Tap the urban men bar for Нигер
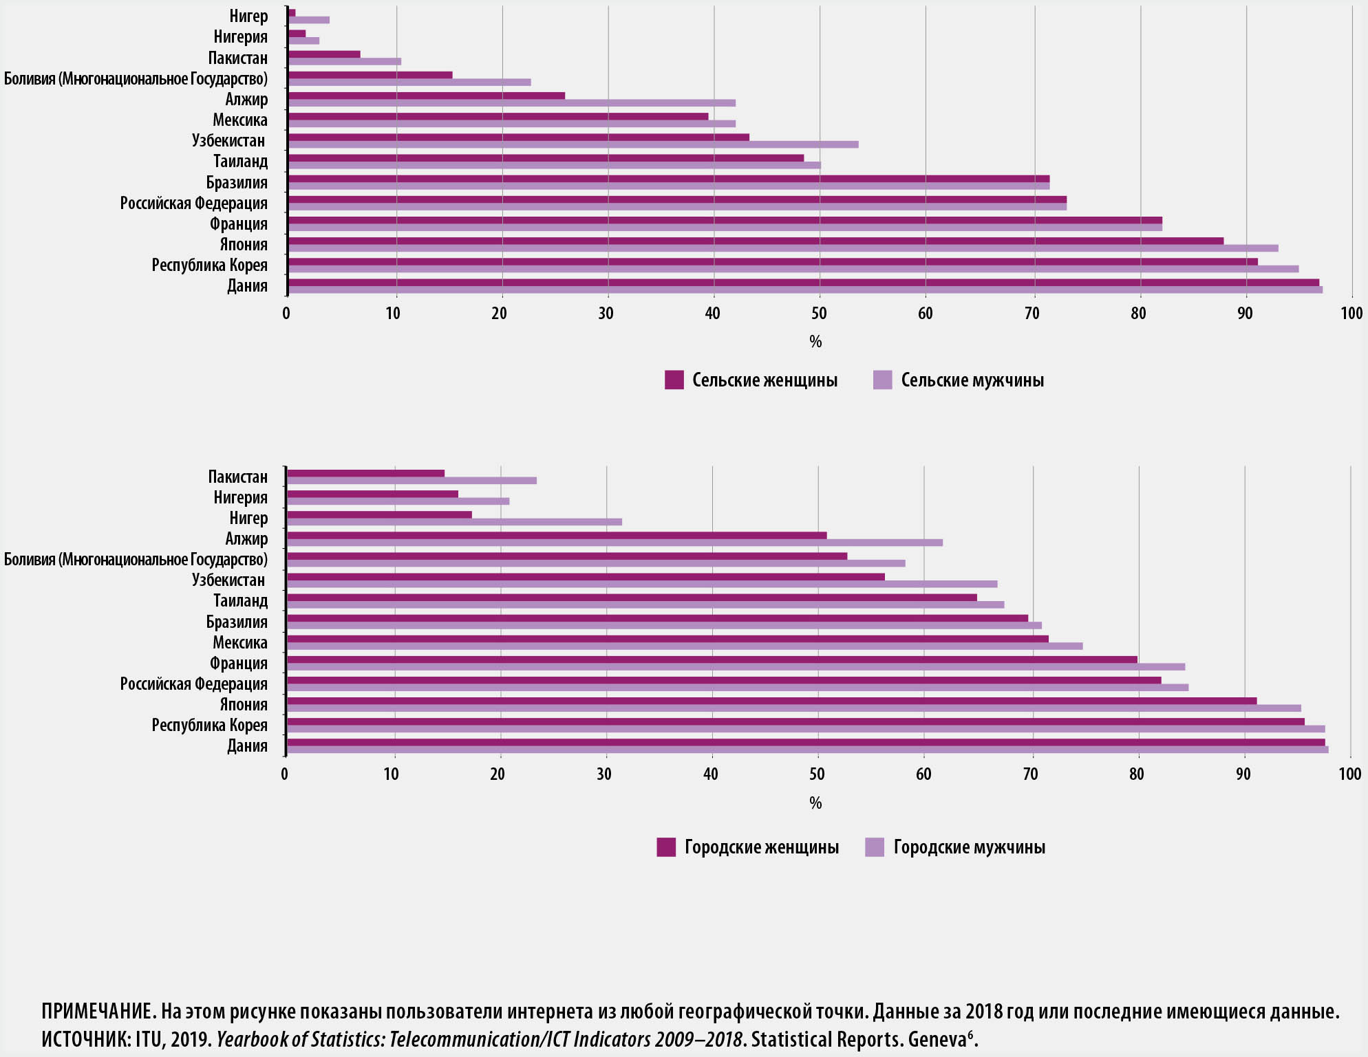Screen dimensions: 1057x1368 pos(454,522)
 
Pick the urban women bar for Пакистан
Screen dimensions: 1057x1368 pos(365,473)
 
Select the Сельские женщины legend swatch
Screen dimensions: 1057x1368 pos(674,380)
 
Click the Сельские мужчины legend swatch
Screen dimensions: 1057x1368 pos(882,380)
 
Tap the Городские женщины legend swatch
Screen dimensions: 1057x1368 pos(666,847)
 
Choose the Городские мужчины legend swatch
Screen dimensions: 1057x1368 pos(875,847)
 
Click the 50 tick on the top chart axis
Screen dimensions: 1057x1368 pos(819,314)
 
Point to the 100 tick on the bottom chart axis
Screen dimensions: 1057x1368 pos(1349,774)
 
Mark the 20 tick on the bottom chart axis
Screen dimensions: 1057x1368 pos(498,774)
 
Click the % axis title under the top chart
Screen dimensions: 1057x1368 pos(815,342)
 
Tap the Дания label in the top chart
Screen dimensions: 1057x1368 pos(247,286)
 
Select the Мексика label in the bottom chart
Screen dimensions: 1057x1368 pos(239,643)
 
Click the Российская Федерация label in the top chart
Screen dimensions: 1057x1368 pos(193,204)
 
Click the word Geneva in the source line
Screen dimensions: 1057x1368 pos(937,1039)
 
